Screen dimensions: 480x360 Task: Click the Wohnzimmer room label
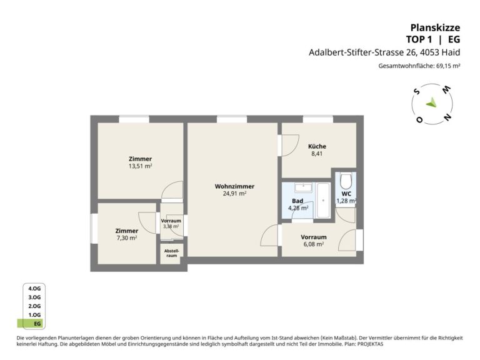tap(234, 186)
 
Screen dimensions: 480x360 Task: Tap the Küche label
tap(317, 146)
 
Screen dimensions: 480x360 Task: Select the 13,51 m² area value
tap(140, 166)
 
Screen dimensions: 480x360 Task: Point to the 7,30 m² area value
tap(127, 238)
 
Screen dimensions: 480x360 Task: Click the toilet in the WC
tap(346, 181)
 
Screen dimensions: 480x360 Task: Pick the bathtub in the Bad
tap(323, 201)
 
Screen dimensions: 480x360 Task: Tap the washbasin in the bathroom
tap(303, 187)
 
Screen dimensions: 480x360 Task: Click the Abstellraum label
tap(172, 253)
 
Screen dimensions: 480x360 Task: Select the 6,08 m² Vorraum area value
tap(314, 244)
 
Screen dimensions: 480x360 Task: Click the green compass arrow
tap(432, 103)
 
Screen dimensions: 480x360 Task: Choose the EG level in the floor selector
tap(37, 324)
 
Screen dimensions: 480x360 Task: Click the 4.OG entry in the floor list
tap(34, 289)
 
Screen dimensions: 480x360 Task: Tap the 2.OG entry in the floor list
tap(34, 306)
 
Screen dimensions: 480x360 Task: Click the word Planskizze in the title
tap(435, 28)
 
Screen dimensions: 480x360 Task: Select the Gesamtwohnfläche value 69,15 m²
tap(448, 66)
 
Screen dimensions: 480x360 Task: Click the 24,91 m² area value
tap(234, 194)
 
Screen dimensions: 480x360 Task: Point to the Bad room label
tap(297, 201)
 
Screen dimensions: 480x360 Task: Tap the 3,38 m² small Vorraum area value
tap(171, 226)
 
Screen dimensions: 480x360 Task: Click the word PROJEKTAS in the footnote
tap(370, 344)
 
